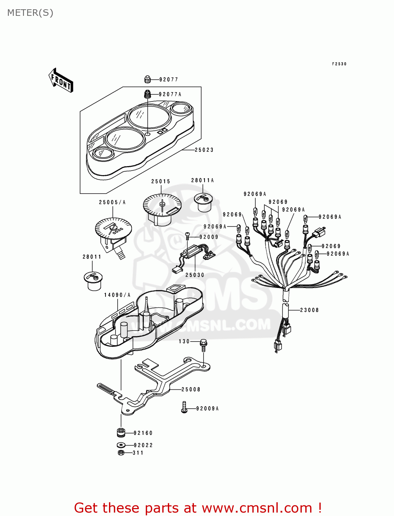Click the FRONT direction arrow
[x=61, y=80]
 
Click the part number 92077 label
[x=169, y=79]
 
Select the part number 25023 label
[x=204, y=150]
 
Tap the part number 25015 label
[x=161, y=181]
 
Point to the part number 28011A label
[x=203, y=180]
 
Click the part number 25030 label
[x=195, y=275]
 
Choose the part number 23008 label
[x=309, y=310]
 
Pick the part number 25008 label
[x=191, y=389]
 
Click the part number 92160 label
[x=143, y=433]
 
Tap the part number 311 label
[x=138, y=453]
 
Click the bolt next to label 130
[x=203, y=344]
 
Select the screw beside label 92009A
[x=184, y=407]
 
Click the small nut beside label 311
[x=121, y=453]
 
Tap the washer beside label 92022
[x=121, y=445]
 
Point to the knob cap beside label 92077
[x=147, y=79]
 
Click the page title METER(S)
[x=30, y=13]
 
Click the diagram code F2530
[x=339, y=64]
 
